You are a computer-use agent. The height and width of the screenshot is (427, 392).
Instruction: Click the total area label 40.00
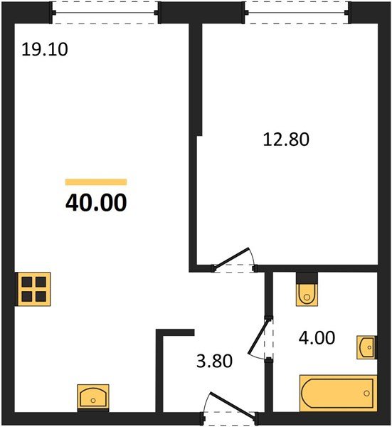[96, 203]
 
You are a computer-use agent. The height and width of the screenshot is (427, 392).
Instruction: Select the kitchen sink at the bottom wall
[92, 396]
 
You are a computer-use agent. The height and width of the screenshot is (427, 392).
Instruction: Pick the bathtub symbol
[337, 392]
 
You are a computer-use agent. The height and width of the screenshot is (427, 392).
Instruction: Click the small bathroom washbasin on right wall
[366, 348]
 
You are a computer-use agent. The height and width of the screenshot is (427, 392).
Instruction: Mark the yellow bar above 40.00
[95, 182]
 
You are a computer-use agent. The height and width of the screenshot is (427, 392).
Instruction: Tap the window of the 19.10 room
[106, 11]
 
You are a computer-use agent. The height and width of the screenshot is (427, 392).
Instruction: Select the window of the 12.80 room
[297, 11]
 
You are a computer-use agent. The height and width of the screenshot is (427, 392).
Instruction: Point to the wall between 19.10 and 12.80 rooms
[192, 142]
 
